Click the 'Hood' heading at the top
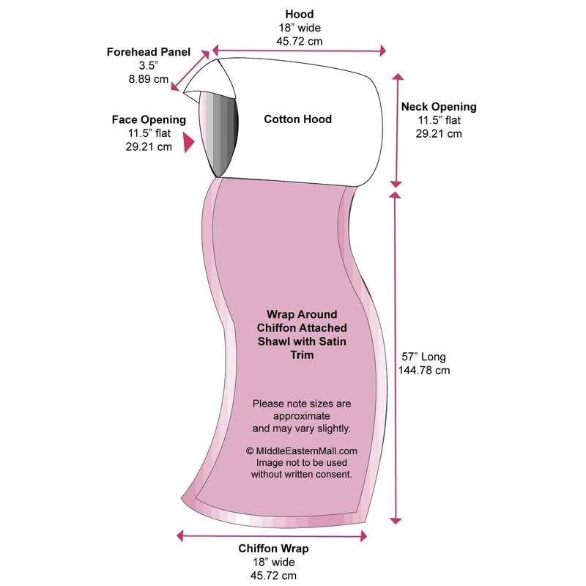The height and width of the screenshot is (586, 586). tap(299, 14)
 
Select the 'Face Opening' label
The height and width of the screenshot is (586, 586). tap(149, 119)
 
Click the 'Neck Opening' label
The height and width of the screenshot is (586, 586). tap(439, 107)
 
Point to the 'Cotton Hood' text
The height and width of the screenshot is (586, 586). tap(298, 119)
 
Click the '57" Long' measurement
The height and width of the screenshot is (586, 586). tap(424, 357)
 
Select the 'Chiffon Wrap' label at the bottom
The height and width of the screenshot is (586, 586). tap(273, 548)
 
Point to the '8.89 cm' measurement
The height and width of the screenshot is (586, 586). tap(149, 79)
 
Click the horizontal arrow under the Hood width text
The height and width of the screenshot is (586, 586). tap(299, 51)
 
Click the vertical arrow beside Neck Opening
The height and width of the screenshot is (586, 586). tap(396, 130)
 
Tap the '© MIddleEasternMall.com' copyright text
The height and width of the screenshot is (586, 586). tap(302, 451)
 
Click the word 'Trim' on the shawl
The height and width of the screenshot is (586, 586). tap(302, 355)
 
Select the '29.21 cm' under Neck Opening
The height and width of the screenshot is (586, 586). tap(439, 133)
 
